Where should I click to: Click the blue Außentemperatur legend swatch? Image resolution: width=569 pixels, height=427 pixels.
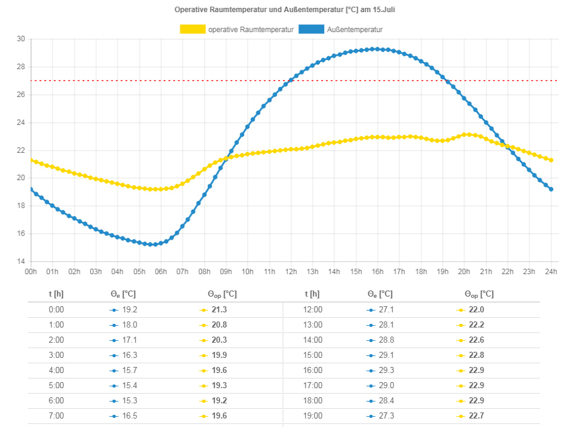311,29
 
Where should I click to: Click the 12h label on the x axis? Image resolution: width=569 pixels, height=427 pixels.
291,271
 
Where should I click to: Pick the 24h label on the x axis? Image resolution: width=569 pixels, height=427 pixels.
550,271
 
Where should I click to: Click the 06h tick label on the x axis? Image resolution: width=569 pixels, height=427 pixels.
161,271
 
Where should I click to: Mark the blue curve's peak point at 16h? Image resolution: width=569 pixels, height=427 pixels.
378,49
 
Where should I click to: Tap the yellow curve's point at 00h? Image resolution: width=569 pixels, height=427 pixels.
31,160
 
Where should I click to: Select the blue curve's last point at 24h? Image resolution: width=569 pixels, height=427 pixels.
551,189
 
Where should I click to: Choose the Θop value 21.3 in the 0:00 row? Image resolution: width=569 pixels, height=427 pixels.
220,309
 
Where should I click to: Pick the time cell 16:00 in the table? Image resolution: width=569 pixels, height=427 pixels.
313,370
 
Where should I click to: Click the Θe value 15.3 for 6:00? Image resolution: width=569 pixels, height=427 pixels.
129,400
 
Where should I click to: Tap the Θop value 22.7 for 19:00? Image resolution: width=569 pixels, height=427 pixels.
477,415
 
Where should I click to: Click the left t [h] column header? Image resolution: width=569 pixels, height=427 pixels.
56,294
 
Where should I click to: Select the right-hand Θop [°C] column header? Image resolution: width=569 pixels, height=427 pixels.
479,294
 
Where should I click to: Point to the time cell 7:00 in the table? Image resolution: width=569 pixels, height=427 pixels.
56,415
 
